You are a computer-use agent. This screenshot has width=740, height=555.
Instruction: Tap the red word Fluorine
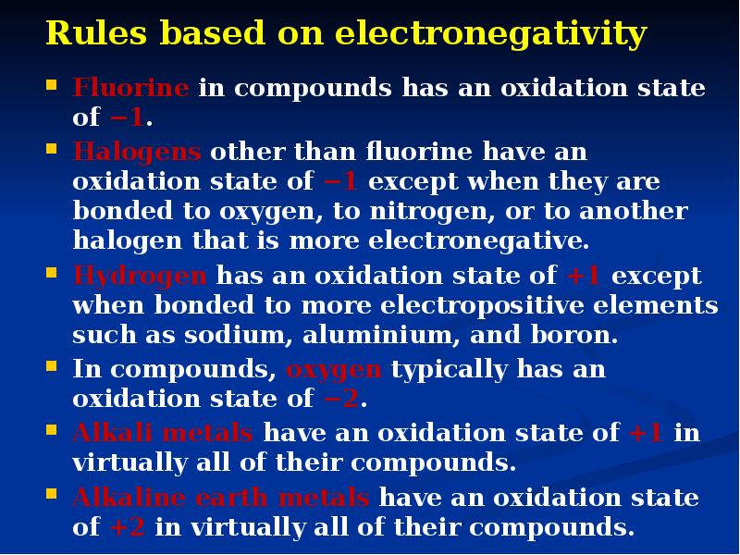tap(131, 89)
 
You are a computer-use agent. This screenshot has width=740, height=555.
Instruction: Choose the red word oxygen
tap(334, 370)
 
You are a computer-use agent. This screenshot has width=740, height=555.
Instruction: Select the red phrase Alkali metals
tap(164, 433)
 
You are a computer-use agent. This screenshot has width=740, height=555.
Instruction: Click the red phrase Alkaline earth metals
tap(222, 498)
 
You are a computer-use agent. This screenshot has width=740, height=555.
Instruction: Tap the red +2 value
tap(127, 528)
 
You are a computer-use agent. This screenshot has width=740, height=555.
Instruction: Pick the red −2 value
tap(341, 400)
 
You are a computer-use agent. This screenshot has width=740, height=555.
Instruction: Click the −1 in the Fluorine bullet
tap(127, 119)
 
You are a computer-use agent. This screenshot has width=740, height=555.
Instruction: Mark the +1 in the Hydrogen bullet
tap(585, 277)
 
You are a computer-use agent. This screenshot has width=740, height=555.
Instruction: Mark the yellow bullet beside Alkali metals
tap(52, 429)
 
